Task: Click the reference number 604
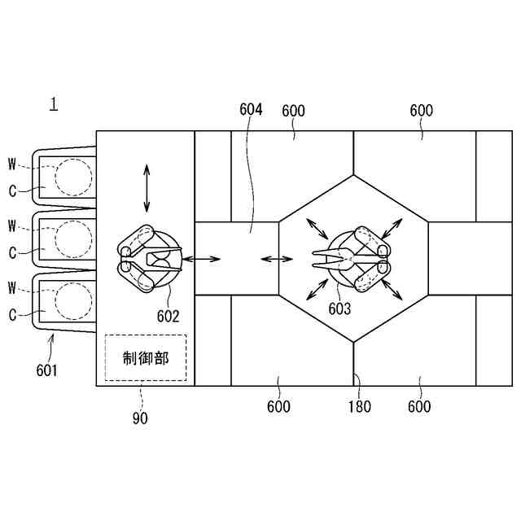point(252,110)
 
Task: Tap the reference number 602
point(169,317)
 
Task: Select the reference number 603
point(339,309)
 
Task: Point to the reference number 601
point(46,370)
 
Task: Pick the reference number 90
point(141,418)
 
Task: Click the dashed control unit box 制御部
point(146,358)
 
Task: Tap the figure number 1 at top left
point(54,104)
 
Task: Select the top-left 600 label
point(293,111)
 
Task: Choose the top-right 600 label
point(422,111)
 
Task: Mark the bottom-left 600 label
point(278,406)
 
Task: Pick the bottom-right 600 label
point(419,406)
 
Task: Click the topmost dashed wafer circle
point(72,176)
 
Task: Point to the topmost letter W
point(12,165)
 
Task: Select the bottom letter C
point(12,313)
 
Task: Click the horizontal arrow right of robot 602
point(203,259)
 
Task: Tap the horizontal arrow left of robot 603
point(277,260)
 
